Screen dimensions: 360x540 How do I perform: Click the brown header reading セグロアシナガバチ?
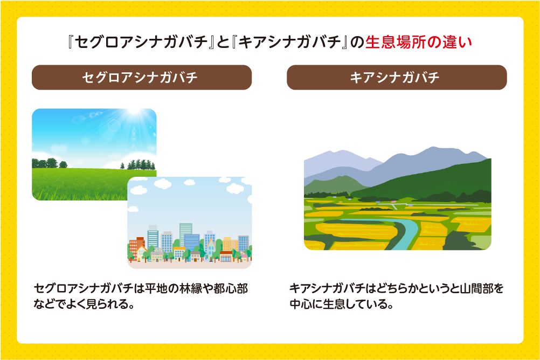pyautogui.click(x=141, y=78)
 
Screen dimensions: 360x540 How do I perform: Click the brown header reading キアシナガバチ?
pyautogui.click(x=396, y=78)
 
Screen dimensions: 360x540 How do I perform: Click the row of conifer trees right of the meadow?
pyautogui.click(x=139, y=163)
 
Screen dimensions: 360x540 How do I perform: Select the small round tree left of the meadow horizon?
pyautogui.click(x=64, y=164)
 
